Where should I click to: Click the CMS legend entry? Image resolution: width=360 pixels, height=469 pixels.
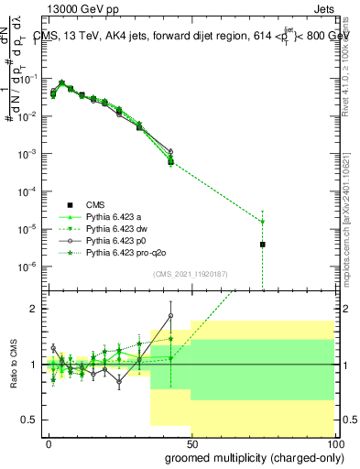click(x=95, y=204)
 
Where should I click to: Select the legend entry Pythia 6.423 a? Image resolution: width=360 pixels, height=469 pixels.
click(x=116, y=216)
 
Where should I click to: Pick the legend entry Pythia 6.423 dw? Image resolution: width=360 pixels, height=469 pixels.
click(x=119, y=228)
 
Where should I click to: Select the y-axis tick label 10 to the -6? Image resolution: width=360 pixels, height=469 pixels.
click(x=27, y=267)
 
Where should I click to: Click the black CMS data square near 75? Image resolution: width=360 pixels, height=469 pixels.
click(x=262, y=244)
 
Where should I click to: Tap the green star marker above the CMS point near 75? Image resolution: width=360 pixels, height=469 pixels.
click(x=262, y=222)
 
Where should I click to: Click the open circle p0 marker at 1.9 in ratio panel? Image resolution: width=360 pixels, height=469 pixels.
click(x=170, y=316)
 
